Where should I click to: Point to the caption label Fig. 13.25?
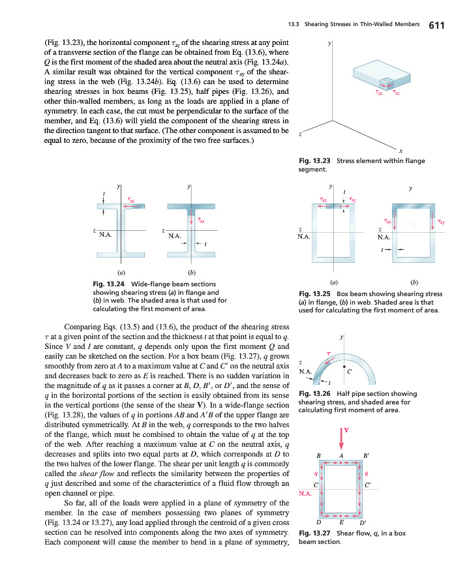click(312, 293)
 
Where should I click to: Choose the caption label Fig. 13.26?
click(312, 393)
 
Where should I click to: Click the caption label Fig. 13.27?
click(312, 533)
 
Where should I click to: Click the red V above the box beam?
click(347, 430)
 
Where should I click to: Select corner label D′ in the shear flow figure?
click(363, 523)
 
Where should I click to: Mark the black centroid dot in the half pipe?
click(342, 367)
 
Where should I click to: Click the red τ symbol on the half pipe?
click(329, 354)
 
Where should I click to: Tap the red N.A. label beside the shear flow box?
click(305, 494)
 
